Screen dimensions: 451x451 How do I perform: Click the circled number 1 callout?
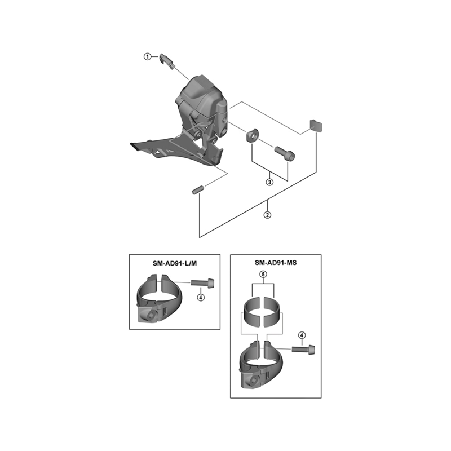coord(148,57)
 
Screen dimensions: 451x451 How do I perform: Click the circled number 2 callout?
coord(267,215)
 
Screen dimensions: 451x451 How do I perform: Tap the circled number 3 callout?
coord(269,182)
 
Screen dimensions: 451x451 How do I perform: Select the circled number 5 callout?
coord(263,275)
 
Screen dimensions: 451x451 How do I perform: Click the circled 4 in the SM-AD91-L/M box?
coord(201,298)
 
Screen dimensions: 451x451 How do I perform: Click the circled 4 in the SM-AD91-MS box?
coord(302,335)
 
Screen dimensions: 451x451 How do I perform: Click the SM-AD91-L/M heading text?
coord(175,263)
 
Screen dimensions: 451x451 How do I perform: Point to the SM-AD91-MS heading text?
coord(276,263)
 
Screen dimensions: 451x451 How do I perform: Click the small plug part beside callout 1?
coord(167,61)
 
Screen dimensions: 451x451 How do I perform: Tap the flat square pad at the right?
coord(316,125)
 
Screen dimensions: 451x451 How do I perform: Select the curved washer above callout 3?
coord(251,135)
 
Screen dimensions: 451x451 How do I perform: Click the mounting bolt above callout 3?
coord(285,153)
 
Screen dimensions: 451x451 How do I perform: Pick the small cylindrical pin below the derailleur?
coord(198,190)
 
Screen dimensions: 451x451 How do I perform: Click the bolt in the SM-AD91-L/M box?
coord(203,282)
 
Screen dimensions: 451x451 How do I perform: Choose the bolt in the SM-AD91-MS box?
coord(303,349)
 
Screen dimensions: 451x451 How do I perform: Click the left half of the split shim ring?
coord(252,312)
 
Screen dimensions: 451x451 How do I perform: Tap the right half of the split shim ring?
coord(272,312)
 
